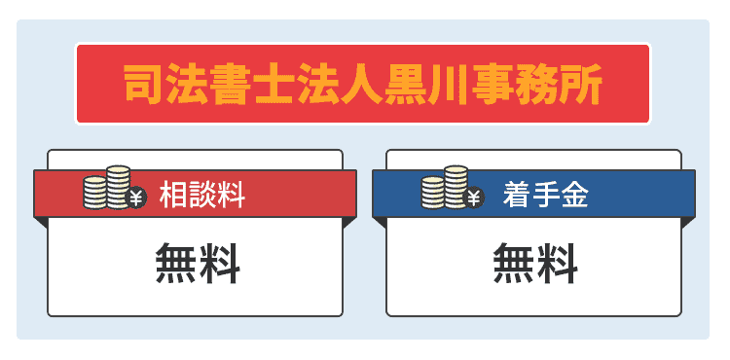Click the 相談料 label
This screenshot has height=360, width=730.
[x=202, y=195]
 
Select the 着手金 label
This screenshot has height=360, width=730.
[x=546, y=195]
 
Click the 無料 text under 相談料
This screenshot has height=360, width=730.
[x=198, y=264]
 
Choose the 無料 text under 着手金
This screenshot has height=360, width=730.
[x=535, y=264]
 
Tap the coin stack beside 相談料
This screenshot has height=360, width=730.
[x=107, y=188]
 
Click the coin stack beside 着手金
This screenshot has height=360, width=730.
[x=445, y=188]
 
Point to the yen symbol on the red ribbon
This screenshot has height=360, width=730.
[x=135, y=198]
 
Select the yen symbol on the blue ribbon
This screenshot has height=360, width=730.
[x=473, y=198]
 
